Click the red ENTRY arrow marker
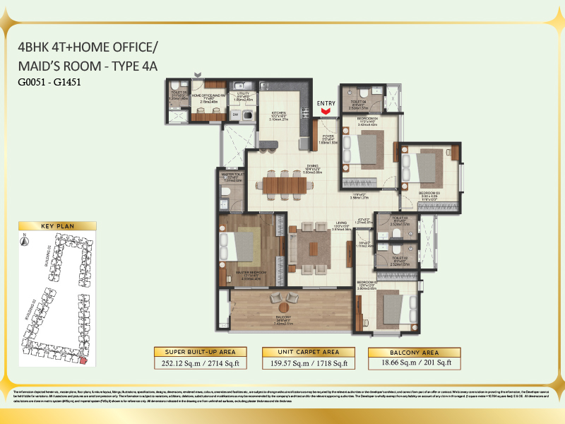click(x=326, y=112)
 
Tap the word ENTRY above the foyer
click(x=326, y=104)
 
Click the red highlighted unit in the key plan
click(x=83, y=362)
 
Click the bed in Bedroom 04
click(x=367, y=149)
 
